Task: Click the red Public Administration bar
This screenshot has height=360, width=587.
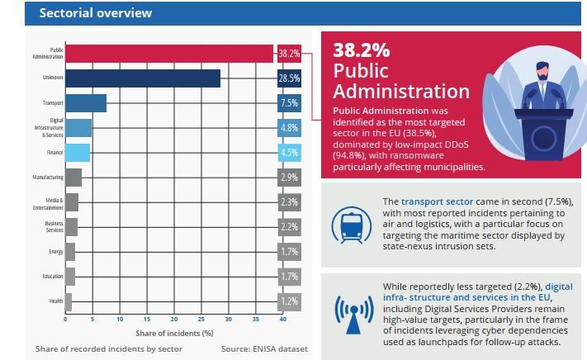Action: tap(169, 53)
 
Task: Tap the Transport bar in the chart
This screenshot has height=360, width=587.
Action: tap(86, 103)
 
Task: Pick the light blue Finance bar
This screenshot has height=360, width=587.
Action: tap(78, 153)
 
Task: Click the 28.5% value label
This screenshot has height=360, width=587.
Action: tap(289, 78)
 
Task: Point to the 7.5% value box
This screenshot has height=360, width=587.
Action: tap(289, 103)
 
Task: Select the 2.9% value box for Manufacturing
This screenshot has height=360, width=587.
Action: tap(289, 178)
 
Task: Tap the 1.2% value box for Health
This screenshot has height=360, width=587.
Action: tap(289, 301)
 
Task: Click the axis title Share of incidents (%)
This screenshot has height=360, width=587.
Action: tap(174, 332)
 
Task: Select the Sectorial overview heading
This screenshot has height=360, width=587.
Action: tap(84, 12)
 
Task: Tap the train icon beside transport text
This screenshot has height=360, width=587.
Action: tap(350, 222)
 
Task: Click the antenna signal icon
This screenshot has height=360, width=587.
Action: tap(350, 311)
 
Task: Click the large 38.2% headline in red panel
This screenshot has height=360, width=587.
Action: tap(362, 50)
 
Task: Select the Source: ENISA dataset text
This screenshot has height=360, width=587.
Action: tap(263, 349)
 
